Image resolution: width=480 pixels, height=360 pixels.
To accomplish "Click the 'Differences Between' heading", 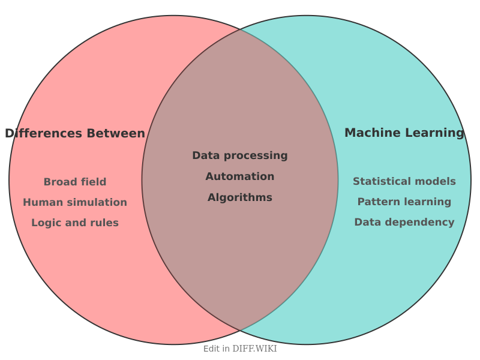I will coord(75,133).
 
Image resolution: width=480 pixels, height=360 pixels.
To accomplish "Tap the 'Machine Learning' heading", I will coord(404,133).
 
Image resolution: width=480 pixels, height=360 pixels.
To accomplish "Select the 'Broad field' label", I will coord(75,182).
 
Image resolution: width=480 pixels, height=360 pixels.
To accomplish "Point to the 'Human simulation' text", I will coord(75,202).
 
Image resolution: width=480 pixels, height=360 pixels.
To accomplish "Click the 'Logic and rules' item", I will coord(75,223).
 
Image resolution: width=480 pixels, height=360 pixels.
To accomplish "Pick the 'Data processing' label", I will coord(240,155).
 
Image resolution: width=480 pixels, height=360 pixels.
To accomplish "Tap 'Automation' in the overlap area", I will coord(240,176).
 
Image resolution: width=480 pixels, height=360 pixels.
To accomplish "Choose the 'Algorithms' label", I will coord(240,197).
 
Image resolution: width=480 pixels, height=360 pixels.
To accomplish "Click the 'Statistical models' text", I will coord(404,181).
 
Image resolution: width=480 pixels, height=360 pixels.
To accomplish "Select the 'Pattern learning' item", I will coord(404,202).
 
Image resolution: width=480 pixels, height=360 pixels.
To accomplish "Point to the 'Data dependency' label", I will coord(404,222).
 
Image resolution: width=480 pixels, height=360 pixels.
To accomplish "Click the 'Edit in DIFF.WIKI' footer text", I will coord(240,349).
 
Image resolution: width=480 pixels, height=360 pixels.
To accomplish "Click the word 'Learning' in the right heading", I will coord(434,133).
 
